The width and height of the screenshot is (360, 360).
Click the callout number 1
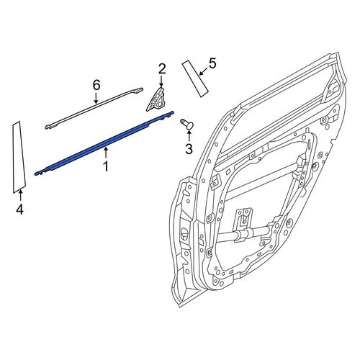coord(106,166)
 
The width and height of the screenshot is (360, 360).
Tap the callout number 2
coord(162,69)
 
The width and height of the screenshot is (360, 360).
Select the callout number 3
coord(189,149)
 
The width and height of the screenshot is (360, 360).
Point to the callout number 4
coord(19,210)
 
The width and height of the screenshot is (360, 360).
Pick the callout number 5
coord(212,63)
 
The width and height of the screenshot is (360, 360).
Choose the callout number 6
coord(96,85)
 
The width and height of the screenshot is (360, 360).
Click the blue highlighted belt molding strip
coord(104,143)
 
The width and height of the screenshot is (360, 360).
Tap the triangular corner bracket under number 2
coord(156,99)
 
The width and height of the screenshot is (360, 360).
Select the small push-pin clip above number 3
coord(187,124)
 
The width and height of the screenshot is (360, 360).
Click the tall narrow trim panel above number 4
coord(19,157)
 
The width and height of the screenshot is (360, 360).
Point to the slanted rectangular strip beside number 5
coord(195,78)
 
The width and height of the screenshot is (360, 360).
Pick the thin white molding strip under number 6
coord(94,108)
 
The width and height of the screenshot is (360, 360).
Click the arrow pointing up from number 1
coord(106,153)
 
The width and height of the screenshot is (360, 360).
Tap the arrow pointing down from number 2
coord(161,81)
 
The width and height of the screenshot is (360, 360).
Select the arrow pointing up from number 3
coord(189,135)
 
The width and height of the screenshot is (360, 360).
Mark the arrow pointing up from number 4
coord(21,196)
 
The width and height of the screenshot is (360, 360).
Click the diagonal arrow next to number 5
coord(204,71)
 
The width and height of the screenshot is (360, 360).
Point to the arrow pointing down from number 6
coord(96,98)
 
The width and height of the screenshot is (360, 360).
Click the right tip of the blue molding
coord(173,112)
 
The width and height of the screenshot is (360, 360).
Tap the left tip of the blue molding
coord(36,174)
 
